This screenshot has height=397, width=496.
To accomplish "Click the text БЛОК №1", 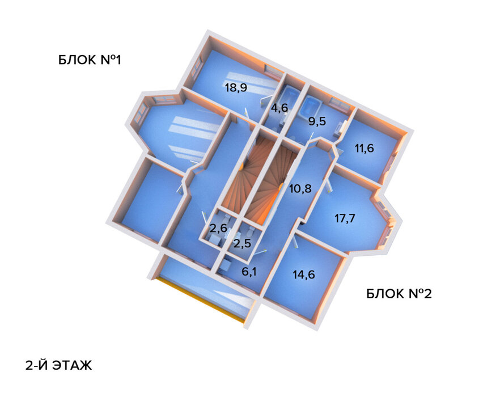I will pyautogui.click(x=90, y=60).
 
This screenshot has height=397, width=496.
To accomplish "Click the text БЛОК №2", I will pyautogui.click(x=399, y=294).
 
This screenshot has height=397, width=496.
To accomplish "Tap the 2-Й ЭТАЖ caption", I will pyautogui.click(x=58, y=365).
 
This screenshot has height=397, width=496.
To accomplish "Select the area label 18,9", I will pyautogui.click(x=236, y=87).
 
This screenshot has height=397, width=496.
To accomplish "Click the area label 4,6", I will pyautogui.click(x=279, y=108).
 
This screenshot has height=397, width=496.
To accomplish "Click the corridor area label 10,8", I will pyautogui.click(x=300, y=189).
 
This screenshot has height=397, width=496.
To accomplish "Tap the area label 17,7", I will pyautogui.click(x=345, y=218).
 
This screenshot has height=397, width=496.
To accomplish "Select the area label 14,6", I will pyautogui.click(x=303, y=275).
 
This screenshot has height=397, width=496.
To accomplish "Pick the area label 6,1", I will pyautogui.click(x=249, y=272).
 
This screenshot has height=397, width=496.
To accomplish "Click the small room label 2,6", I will pyautogui.click(x=218, y=229).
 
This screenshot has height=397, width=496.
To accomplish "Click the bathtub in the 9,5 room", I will pyautogui.click(x=311, y=105).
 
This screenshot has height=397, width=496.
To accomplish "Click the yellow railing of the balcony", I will pyautogui.click(x=201, y=300).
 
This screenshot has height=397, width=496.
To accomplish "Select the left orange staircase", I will pyautogui.click(x=244, y=176).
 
